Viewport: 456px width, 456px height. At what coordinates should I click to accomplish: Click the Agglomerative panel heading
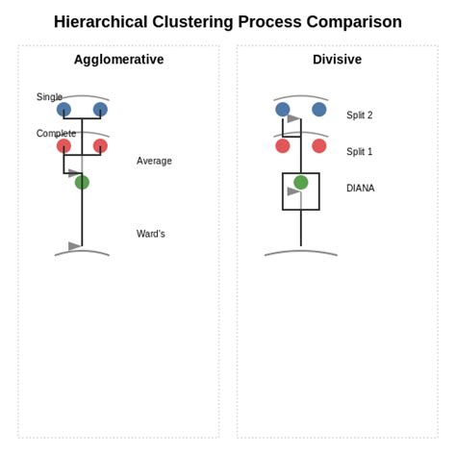click(x=118, y=60)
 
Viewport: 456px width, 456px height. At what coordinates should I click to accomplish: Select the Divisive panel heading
click(x=337, y=60)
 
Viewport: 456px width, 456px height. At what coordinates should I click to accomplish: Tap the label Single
click(x=49, y=97)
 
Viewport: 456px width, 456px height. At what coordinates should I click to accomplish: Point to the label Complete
click(x=56, y=134)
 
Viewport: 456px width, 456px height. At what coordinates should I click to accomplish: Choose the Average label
click(x=154, y=161)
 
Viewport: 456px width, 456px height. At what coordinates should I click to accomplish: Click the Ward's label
click(x=150, y=234)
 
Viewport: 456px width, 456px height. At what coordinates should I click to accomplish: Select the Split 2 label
click(x=359, y=115)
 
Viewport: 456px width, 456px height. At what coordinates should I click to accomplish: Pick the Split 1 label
click(x=359, y=152)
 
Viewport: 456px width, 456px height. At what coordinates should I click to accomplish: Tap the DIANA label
click(x=360, y=189)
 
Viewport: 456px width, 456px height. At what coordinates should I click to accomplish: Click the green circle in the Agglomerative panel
click(x=82, y=182)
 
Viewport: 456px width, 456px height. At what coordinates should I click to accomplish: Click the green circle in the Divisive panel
click(x=301, y=182)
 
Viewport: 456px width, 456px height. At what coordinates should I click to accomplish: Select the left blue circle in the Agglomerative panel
click(x=63, y=110)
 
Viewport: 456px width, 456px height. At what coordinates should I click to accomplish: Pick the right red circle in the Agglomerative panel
click(x=100, y=146)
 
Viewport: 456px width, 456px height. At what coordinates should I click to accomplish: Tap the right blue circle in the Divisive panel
click(x=319, y=110)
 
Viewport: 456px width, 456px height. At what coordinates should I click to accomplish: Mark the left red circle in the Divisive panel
click(x=283, y=146)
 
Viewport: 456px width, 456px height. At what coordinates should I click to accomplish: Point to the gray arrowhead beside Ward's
click(x=75, y=246)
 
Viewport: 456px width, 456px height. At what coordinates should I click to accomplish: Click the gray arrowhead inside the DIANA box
click(x=293, y=191)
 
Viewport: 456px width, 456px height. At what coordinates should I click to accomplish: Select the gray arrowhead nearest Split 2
click(x=293, y=119)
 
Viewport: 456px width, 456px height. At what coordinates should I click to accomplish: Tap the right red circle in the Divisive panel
click(x=319, y=146)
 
